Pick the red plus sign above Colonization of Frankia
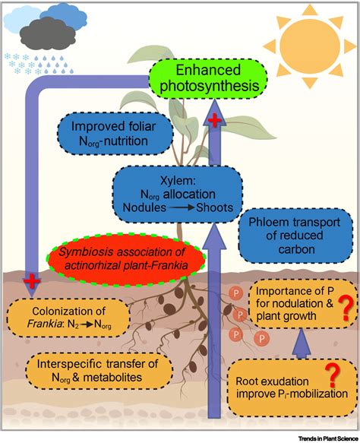pyautogui.click(x=31, y=282)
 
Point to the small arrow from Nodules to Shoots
pyautogui.click(x=175, y=207)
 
